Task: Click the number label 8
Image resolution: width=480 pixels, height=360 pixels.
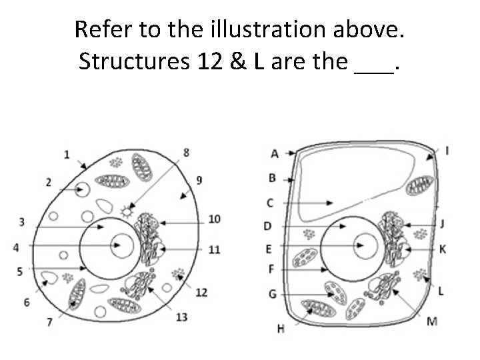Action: pyautogui.click(x=186, y=153)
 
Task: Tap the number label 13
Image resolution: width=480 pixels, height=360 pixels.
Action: pyautogui.click(x=181, y=317)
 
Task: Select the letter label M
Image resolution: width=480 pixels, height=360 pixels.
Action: pyautogui.click(x=432, y=321)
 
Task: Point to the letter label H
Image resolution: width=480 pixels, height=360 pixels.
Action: pyautogui.click(x=280, y=327)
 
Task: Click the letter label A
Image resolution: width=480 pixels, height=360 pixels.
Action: pyautogui.click(x=275, y=153)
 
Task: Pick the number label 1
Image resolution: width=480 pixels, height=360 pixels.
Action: pyautogui.click(x=67, y=155)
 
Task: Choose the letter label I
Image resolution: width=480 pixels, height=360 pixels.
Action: pyautogui.click(x=446, y=151)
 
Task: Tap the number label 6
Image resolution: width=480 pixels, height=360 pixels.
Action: pyautogui.click(x=27, y=303)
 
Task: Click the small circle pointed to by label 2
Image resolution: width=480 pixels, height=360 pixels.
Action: pyautogui.click(x=82, y=190)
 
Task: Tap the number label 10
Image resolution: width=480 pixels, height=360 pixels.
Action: pyautogui.click(x=214, y=219)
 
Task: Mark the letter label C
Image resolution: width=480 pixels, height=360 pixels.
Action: pyautogui.click(x=270, y=202)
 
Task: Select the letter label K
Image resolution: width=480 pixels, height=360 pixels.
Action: pyautogui.click(x=443, y=249)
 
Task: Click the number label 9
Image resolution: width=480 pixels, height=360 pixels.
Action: pyautogui.click(x=200, y=180)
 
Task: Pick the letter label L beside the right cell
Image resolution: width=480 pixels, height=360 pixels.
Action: pyautogui.click(x=441, y=291)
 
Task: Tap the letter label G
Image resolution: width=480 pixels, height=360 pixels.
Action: pyautogui.click(x=272, y=293)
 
